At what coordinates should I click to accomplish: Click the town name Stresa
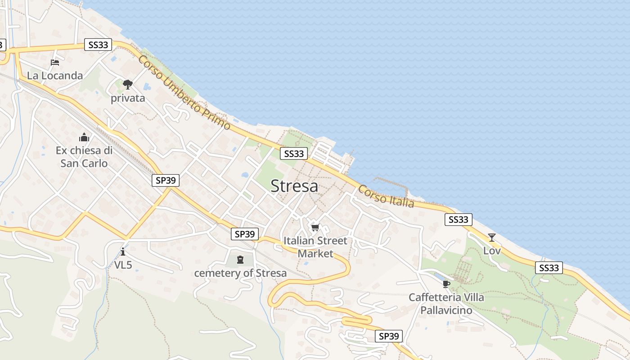[x=294, y=186]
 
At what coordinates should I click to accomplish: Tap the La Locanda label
[x=55, y=76]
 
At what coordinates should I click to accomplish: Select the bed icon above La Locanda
[x=55, y=63]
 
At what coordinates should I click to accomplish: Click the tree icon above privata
[x=128, y=84]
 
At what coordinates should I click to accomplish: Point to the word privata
[x=128, y=98]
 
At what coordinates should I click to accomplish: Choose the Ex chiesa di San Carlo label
[x=84, y=157]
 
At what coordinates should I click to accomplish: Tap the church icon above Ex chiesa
[x=84, y=137]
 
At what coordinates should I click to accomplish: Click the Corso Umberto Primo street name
[x=184, y=93]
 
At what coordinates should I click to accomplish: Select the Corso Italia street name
[x=386, y=197]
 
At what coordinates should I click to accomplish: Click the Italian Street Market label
[x=315, y=247]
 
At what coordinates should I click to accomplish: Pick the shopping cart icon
[x=315, y=227]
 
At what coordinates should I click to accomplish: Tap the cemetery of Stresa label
[x=240, y=273]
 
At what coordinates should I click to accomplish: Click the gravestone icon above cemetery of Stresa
[x=240, y=259]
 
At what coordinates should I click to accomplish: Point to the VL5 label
[x=123, y=265]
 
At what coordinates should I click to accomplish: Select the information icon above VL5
[x=123, y=252]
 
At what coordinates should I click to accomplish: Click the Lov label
[x=492, y=251]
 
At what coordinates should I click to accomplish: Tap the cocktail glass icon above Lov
[x=492, y=237]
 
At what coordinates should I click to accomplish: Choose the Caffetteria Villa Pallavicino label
[x=446, y=304]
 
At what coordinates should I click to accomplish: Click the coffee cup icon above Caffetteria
[x=446, y=283]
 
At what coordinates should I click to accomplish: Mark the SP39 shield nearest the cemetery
[x=245, y=234]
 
